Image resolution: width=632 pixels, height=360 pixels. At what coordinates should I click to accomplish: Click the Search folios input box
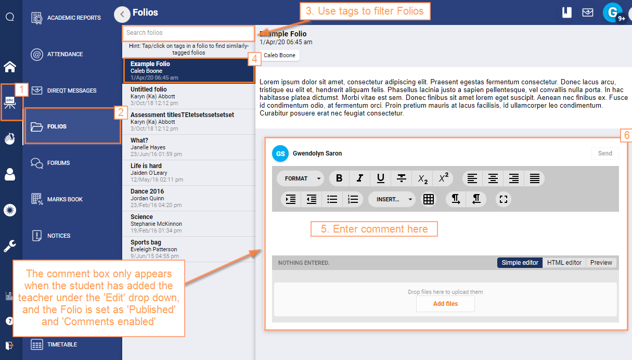[x=188, y=33]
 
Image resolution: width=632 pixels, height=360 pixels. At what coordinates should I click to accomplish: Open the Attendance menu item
[x=65, y=54]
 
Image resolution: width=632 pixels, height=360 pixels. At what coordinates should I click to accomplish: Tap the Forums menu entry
[x=58, y=163]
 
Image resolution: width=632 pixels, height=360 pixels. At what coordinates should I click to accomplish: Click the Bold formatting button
[x=339, y=178]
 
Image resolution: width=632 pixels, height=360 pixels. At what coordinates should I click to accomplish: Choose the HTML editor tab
[x=564, y=263]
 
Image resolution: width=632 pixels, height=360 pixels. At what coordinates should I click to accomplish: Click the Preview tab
[x=601, y=263]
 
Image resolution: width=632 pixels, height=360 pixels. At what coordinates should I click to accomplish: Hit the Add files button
[x=445, y=304]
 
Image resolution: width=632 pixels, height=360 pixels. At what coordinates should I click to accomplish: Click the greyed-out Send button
[x=604, y=153]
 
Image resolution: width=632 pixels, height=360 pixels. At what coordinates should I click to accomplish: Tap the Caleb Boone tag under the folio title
[x=279, y=55]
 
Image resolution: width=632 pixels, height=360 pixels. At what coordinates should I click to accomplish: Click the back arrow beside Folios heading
[x=122, y=14]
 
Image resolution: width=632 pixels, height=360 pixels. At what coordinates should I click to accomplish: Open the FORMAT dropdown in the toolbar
[x=301, y=178]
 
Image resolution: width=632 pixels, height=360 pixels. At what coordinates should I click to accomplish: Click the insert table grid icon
[x=429, y=199]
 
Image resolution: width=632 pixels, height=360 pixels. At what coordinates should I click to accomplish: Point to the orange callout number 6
[x=626, y=135]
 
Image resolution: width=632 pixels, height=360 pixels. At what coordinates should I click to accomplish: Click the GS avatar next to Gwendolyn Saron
[x=280, y=153]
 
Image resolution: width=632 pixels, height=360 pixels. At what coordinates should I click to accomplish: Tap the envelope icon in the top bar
[x=588, y=13]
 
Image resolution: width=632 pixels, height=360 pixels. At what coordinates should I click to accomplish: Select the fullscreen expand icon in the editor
[x=503, y=199]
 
